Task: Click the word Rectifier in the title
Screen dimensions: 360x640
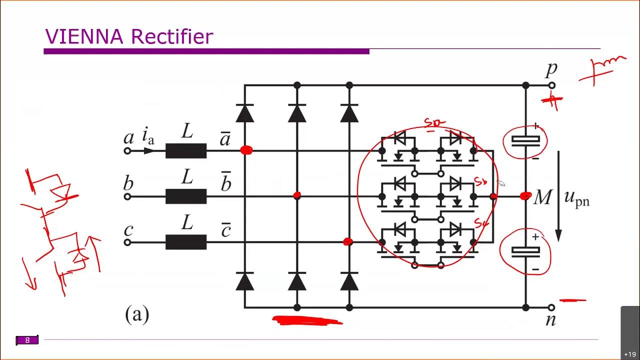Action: (172, 37)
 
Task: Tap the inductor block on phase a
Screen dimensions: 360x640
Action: (186, 150)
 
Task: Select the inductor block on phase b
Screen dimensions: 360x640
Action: (186, 196)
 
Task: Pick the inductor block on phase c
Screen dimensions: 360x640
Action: (186, 242)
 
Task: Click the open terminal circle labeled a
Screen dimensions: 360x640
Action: (127, 150)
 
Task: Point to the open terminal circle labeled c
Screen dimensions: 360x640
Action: (127, 242)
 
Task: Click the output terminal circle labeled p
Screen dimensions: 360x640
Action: (552, 85)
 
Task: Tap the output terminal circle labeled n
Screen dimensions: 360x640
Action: (552, 307)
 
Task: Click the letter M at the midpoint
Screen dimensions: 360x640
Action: (542, 198)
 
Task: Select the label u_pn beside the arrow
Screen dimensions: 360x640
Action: (576, 198)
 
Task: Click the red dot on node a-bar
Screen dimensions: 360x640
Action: (246, 150)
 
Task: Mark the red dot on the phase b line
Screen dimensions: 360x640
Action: (297, 195)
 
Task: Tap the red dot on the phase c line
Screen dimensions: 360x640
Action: (348, 242)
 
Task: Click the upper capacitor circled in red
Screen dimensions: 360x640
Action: (525, 141)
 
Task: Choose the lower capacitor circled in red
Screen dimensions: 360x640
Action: (525, 252)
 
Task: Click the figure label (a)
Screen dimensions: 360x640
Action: (136, 314)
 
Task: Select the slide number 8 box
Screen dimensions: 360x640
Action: (27, 340)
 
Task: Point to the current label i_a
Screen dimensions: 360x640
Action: (148, 135)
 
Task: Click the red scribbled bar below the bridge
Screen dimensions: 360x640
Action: (307, 320)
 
